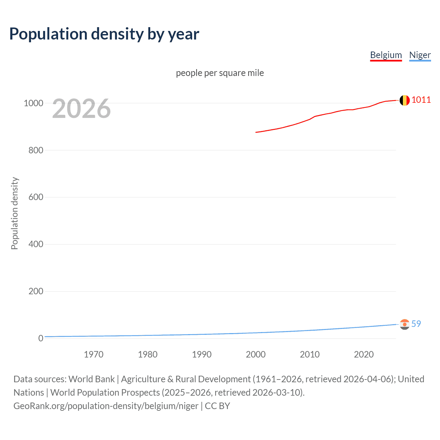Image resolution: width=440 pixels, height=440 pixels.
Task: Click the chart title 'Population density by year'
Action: [x=104, y=34]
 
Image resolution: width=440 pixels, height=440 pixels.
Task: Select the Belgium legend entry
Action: [x=386, y=55]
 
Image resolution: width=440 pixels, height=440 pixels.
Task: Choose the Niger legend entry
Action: [x=420, y=55]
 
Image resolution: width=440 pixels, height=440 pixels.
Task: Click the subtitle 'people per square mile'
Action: [x=220, y=73]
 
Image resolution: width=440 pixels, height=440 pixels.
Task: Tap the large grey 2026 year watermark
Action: [x=81, y=109]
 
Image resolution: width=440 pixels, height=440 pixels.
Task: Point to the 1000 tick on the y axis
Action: [x=33, y=103]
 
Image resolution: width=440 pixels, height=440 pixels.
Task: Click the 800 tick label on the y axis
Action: [x=36, y=150]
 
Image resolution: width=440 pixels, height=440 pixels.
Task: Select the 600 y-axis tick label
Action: [x=36, y=197]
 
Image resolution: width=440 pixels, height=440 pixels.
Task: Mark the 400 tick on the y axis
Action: [x=36, y=244]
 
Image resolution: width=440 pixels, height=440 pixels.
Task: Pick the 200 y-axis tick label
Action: [x=36, y=291]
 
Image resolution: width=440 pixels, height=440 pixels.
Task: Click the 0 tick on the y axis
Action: [x=41, y=338]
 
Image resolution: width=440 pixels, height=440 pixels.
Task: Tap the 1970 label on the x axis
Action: [x=93, y=354]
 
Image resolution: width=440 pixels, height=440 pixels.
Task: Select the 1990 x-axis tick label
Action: [x=202, y=354]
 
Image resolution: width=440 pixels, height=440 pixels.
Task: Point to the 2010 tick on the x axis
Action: [x=310, y=354]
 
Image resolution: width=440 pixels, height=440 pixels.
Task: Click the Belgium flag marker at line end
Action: [x=405, y=100]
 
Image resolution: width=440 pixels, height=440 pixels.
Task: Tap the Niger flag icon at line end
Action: [x=405, y=324]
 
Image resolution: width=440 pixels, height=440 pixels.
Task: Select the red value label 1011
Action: [x=421, y=100]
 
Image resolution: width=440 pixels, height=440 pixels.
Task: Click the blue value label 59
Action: [x=416, y=324]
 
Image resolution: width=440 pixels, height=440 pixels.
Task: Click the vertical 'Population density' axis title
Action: [x=14, y=213]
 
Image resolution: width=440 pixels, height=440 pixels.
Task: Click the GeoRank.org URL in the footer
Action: [x=106, y=406]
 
